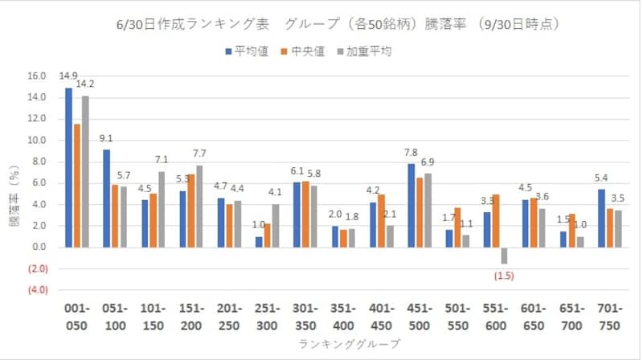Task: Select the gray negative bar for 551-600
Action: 505,256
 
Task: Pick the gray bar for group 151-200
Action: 199,206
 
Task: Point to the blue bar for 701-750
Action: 600,218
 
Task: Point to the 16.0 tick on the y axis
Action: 36,76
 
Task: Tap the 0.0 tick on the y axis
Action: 39,247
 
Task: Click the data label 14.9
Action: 68,76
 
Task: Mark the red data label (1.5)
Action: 504,277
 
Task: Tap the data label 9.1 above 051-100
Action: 107,138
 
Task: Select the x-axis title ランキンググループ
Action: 334,343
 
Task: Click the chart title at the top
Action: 337,24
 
